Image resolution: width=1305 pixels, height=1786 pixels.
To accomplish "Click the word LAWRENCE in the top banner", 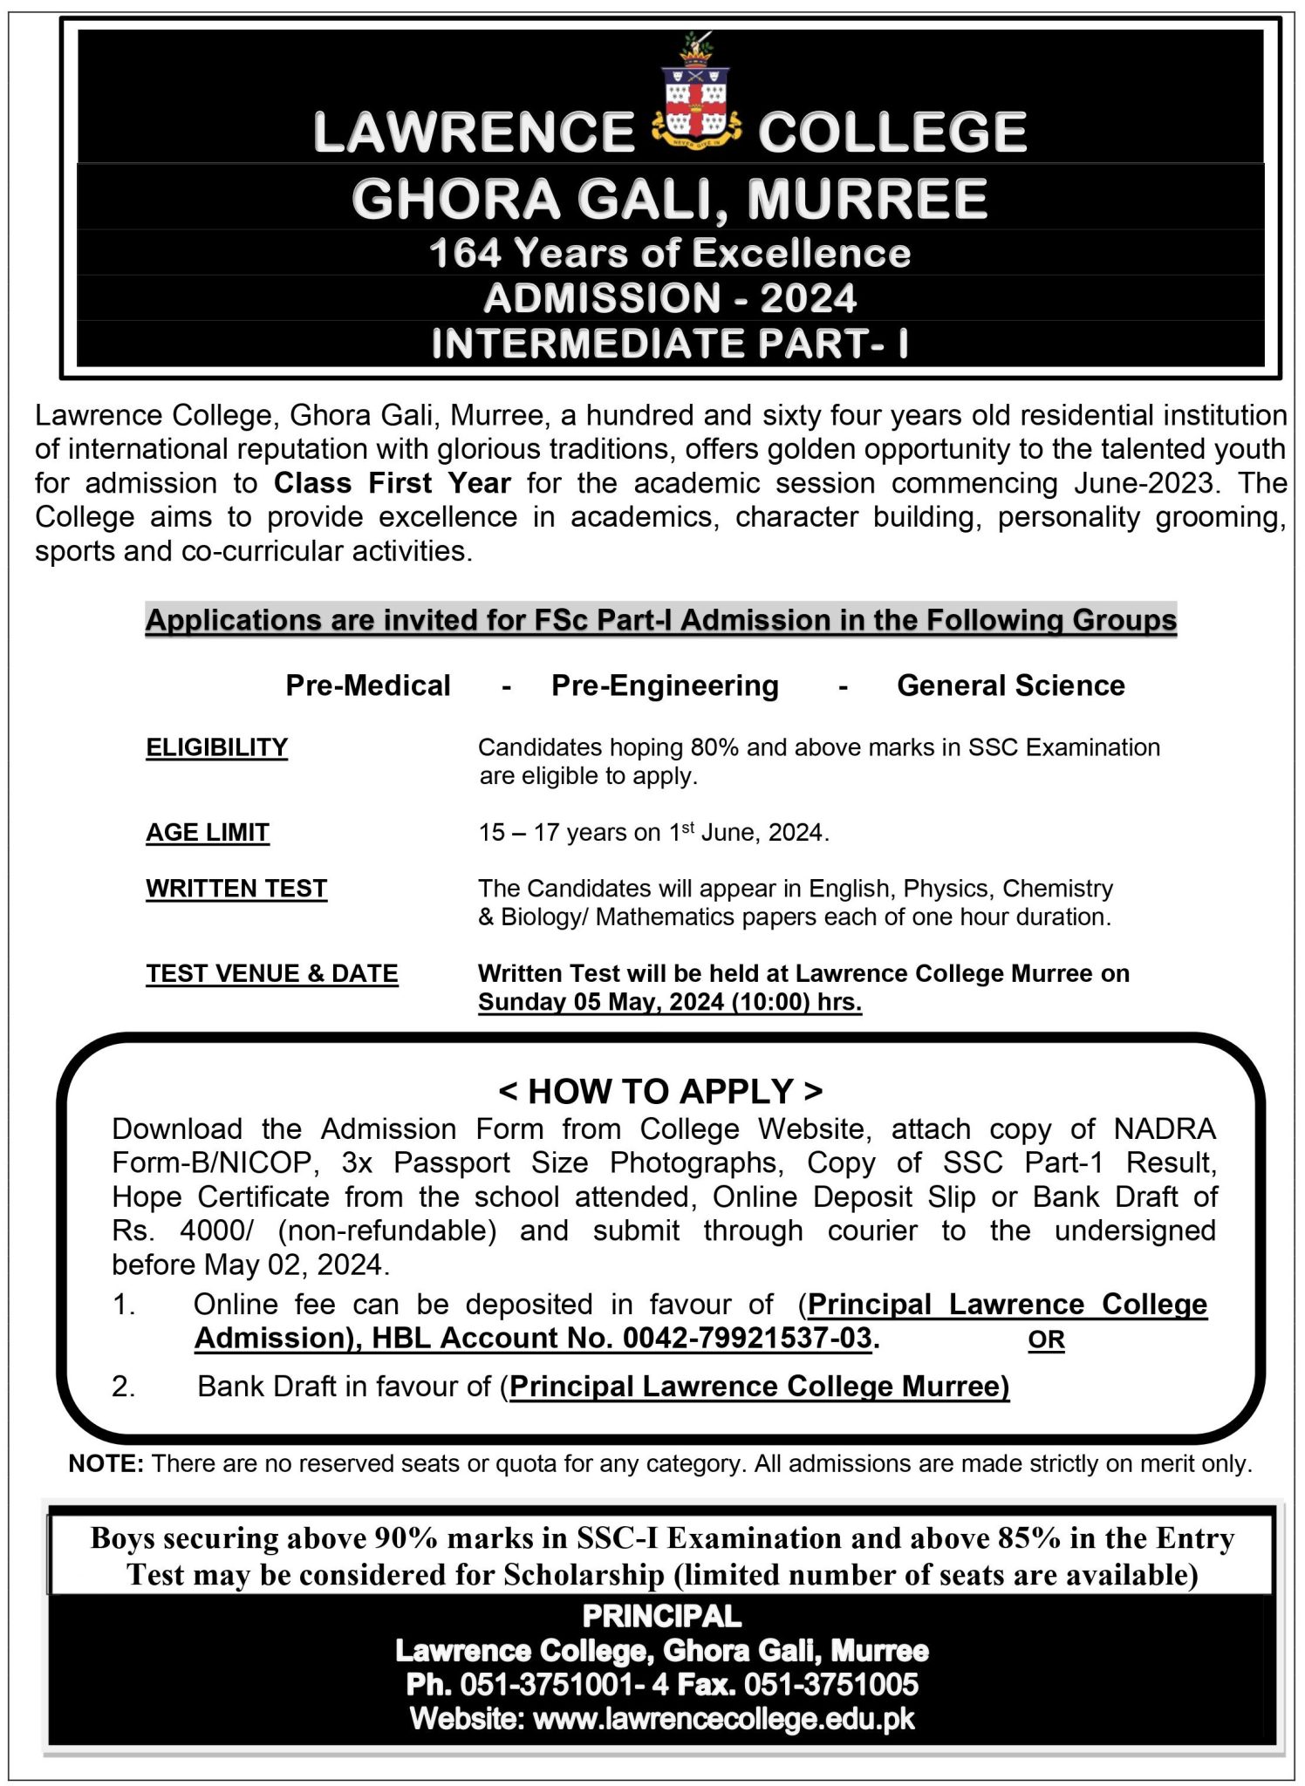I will (x=474, y=133).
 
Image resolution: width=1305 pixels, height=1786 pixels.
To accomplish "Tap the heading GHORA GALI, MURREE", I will (x=669, y=199).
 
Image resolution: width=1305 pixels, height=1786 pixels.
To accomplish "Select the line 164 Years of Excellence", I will (x=669, y=254).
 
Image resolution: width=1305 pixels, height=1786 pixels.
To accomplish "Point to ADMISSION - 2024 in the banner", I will (x=669, y=298).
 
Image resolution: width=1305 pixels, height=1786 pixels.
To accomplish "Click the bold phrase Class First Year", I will (x=392, y=483).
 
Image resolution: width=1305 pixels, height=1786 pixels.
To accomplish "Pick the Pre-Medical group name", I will (x=368, y=685).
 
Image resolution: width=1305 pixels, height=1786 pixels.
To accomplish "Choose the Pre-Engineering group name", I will (x=665, y=685).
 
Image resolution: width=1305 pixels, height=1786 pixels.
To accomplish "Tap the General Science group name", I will (x=1010, y=685).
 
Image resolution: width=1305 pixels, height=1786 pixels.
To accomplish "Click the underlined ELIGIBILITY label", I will (x=216, y=747).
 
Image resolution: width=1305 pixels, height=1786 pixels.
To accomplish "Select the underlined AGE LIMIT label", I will (x=208, y=833).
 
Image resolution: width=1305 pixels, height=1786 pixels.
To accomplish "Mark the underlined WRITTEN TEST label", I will (x=236, y=889).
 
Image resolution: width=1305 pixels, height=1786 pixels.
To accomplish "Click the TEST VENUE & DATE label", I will (x=272, y=973).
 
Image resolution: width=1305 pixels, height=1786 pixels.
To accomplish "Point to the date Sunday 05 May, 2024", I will (x=602, y=1002).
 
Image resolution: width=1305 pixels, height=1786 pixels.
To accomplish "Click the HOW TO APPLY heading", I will (x=660, y=1091).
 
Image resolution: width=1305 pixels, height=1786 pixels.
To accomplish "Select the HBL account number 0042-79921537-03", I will (x=747, y=1338).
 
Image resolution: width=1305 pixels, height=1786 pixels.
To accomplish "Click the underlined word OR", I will (x=1046, y=1339).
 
